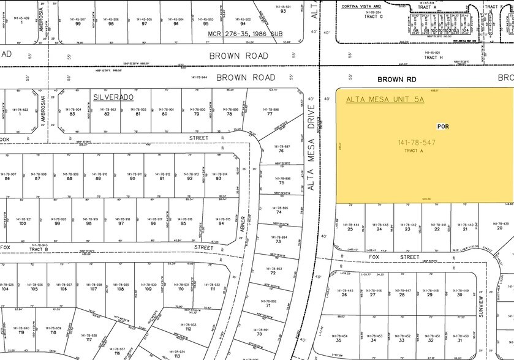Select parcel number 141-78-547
(418, 143)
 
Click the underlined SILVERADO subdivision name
(113, 97)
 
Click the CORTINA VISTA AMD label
(369, 7)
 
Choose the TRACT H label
(433, 57)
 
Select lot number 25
(350, 229)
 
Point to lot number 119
(21, 332)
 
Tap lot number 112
(189, 329)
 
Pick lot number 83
(72, 114)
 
